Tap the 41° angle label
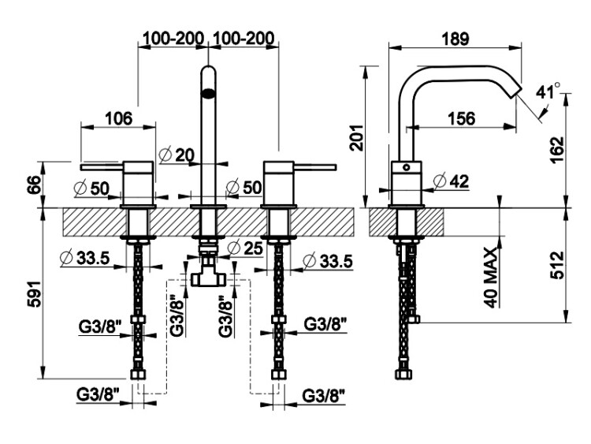click(x=547, y=91)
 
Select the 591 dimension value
click(x=31, y=293)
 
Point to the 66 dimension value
click(x=32, y=185)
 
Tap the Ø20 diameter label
click(x=176, y=155)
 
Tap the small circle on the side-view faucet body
click(x=407, y=168)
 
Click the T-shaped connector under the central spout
click(x=208, y=272)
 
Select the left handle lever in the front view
click(x=102, y=166)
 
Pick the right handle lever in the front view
click(x=313, y=166)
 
